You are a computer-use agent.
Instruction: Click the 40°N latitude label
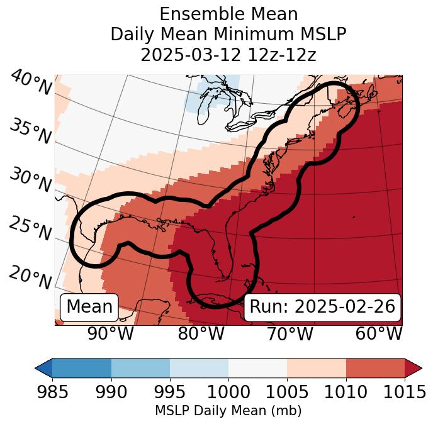coord(31,83)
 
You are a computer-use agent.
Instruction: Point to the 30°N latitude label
coord(31,181)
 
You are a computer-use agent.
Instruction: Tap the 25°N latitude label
coord(31,229)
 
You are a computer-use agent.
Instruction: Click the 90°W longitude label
coord(111,333)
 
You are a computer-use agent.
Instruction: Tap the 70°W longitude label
coord(290,333)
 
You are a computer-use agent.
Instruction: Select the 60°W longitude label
coord(378,333)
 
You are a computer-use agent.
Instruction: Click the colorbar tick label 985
coord(52,392)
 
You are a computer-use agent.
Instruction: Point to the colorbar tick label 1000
coord(228,392)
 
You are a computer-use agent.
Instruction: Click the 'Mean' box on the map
coord(89,306)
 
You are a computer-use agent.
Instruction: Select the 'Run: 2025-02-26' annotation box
coord(322,306)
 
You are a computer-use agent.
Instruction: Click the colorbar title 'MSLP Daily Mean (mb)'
coord(228,411)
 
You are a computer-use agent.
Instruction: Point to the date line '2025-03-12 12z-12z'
coord(228,55)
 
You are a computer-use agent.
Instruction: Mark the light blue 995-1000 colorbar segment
coord(199,367)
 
